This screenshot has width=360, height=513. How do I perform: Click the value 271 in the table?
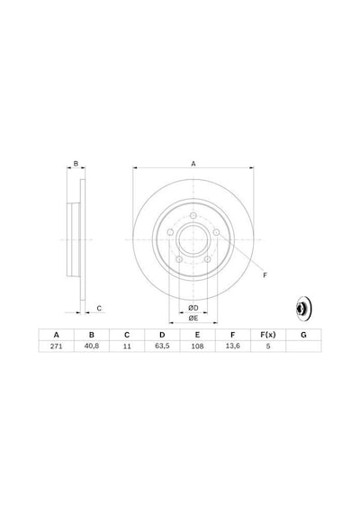57,346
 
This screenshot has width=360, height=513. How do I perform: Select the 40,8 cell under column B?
92,346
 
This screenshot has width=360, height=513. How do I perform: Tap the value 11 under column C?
127,346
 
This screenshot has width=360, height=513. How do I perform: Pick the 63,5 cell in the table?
162,346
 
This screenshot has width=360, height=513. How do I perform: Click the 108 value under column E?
197,346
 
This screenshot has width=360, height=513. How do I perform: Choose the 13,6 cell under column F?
233,346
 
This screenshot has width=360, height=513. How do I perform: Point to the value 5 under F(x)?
268,346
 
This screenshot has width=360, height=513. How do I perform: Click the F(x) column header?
268,335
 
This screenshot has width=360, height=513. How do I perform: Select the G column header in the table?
303,335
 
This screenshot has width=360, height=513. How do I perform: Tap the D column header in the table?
162,335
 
